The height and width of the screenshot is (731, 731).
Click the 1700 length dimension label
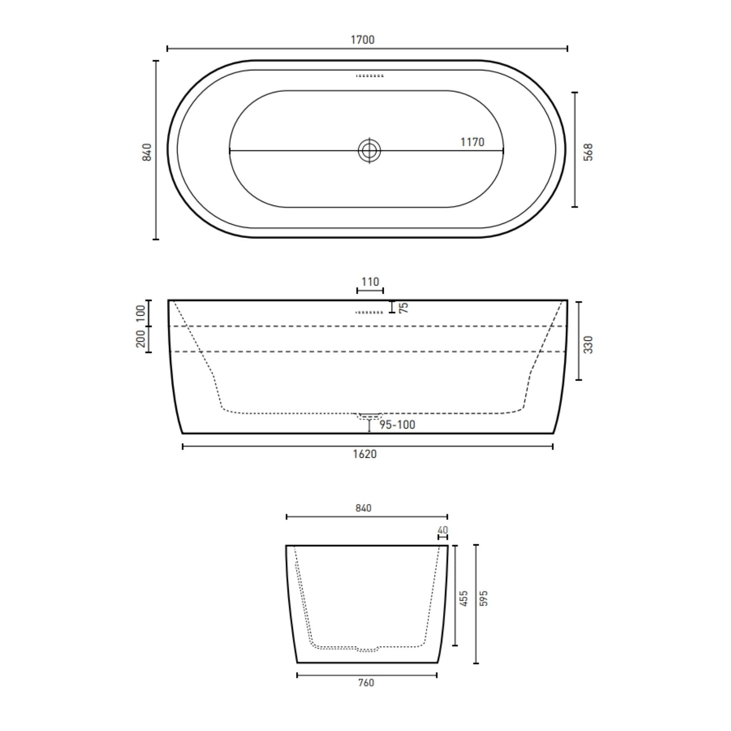pos(362,40)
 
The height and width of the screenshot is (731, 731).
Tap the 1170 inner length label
pos(472,142)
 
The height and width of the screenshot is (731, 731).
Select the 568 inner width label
pos(588,152)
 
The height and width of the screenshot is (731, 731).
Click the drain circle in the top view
pos(369,150)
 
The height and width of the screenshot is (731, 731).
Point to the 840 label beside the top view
pos(147,152)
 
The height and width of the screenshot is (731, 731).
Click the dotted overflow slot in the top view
pos(370,76)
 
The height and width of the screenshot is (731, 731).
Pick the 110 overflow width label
pos(370,282)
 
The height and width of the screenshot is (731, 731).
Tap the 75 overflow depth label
pos(403,307)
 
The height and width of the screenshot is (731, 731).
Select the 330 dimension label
pos(588,344)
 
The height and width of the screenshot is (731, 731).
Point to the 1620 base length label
pos(365,454)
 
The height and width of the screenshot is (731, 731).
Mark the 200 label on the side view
pos(141,338)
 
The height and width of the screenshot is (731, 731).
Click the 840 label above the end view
pos(363,508)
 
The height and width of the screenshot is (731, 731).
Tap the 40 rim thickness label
pos(443,530)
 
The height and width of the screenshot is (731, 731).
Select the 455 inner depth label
pos(464,599)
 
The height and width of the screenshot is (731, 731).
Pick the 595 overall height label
pos(484,599)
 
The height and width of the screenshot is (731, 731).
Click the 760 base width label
pos(366,683)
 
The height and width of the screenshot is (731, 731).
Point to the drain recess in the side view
pos(369,415)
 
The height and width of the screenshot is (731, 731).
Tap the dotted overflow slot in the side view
pos(369,313)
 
